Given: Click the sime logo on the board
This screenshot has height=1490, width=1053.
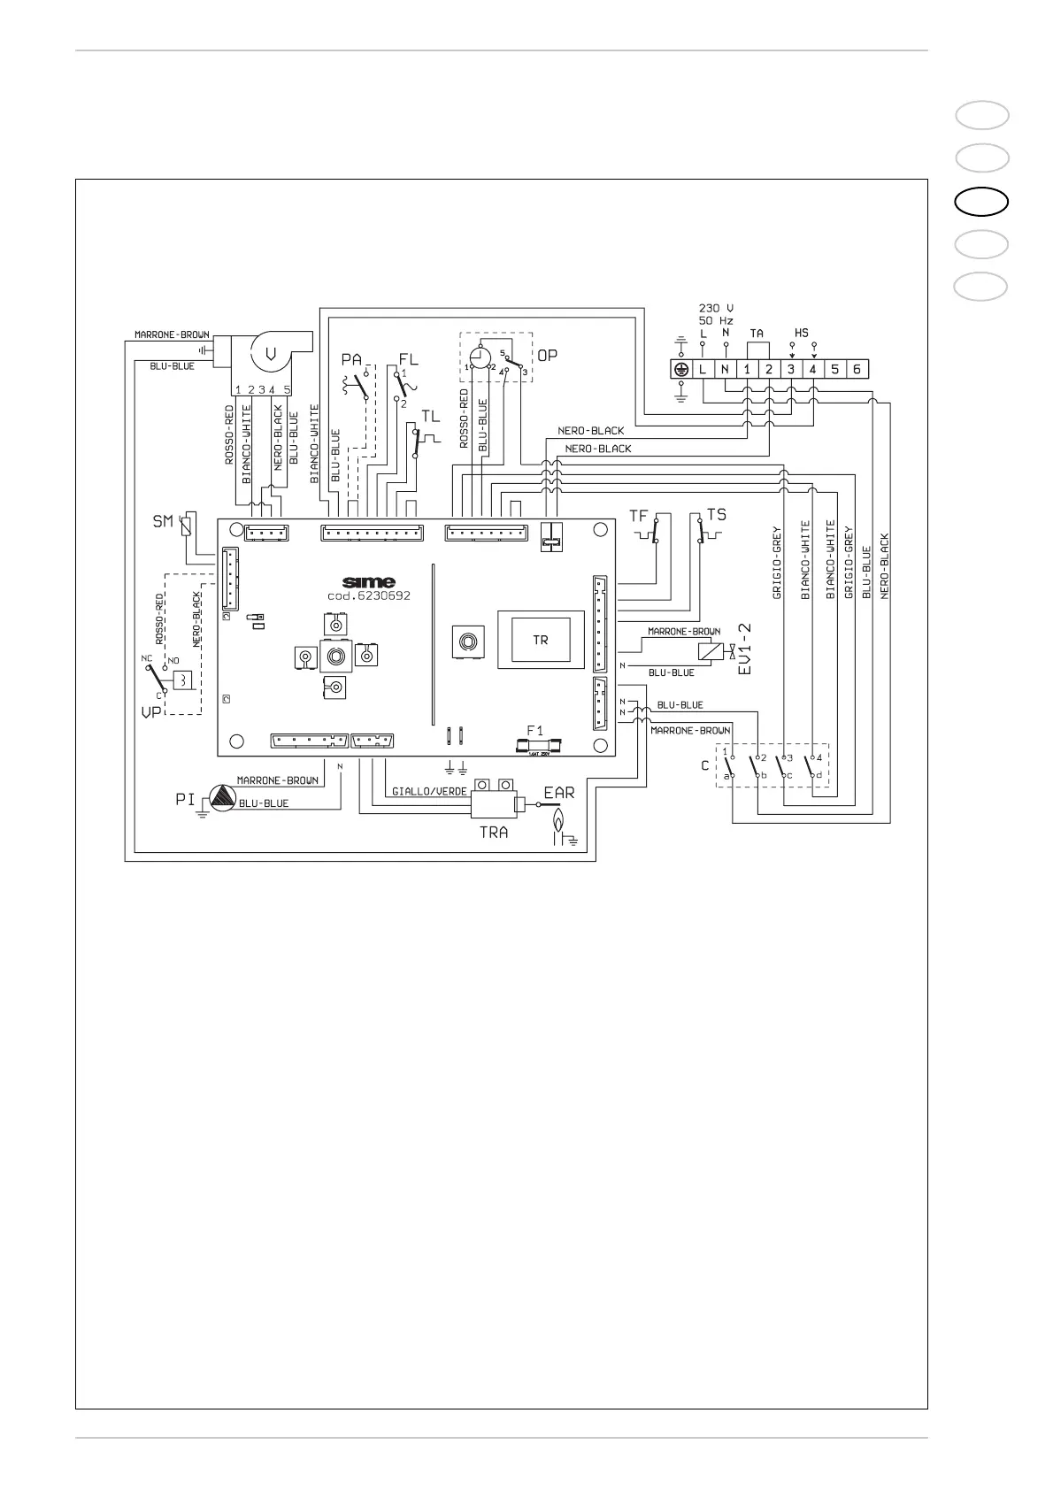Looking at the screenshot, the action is pos(368,582).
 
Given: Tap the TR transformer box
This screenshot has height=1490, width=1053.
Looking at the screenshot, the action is pos(540,640).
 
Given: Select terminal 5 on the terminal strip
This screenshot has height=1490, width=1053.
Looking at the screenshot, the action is pos(835,369).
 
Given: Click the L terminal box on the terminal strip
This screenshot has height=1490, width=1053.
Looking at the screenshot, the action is pos(703,369).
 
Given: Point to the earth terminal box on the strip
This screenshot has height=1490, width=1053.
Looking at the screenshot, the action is pos(680,369).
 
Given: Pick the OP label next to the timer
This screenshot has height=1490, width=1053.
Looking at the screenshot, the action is pos(548,355).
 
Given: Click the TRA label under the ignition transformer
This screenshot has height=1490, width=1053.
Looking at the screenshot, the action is pos(493,832).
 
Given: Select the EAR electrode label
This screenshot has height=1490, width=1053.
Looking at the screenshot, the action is pos(559,793).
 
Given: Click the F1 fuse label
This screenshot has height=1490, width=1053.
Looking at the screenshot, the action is pos(536,730).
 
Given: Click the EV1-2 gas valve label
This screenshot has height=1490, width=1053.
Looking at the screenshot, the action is pos(746,649).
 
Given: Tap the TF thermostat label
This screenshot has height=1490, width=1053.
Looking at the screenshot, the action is pos(638,515).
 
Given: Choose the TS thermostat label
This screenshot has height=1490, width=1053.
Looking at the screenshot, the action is pos(716,514).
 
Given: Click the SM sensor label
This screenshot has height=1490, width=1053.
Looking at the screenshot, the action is pos(163,522).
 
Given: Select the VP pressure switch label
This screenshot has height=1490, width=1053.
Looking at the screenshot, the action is pos(150,711).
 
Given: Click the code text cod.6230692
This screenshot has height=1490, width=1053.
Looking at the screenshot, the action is pos(368,596).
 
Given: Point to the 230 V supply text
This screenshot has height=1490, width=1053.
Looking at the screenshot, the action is pos(716,308).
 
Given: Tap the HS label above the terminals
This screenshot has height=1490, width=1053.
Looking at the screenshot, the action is pos(801,333).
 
